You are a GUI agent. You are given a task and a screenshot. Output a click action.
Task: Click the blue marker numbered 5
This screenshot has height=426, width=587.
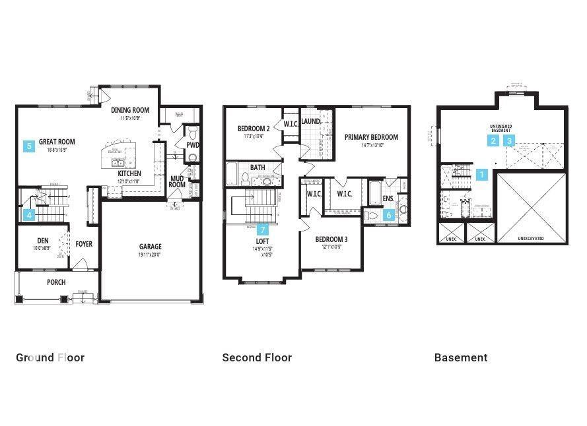29,146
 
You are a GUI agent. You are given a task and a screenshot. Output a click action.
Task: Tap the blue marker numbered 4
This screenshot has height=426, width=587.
29,214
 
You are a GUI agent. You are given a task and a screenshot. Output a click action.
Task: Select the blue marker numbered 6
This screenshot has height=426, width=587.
389,214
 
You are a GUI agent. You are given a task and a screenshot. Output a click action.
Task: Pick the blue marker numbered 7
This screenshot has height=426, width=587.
263,229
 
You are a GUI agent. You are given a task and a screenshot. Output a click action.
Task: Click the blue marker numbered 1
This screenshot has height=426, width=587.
482,175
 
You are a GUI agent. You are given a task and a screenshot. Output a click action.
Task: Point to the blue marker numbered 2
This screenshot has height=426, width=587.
493,140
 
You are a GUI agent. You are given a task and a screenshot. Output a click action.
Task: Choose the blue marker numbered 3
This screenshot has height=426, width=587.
510,140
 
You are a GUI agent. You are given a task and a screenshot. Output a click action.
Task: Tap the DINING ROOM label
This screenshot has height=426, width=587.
129,110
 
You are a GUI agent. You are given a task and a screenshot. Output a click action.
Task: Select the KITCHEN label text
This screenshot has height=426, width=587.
129,173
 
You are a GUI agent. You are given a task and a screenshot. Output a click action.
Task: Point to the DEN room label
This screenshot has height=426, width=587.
42,241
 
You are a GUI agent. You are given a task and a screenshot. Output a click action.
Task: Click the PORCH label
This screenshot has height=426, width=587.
56,282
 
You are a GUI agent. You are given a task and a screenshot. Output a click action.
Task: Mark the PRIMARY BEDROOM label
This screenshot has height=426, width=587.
371,137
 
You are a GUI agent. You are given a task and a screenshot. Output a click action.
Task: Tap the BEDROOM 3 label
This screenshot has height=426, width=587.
331,239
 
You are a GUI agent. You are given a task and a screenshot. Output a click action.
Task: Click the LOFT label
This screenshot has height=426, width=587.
263,242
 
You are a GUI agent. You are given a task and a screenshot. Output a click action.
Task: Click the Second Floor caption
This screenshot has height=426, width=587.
257,357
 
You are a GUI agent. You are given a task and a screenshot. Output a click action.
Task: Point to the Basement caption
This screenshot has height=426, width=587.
461,357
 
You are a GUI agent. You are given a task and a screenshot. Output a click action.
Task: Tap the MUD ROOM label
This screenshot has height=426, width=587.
177,181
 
